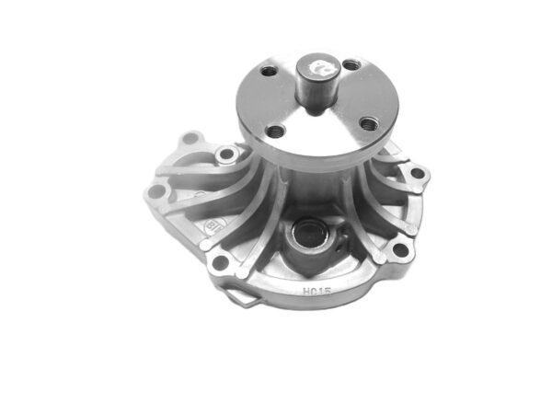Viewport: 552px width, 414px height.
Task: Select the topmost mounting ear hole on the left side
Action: pos(190,139)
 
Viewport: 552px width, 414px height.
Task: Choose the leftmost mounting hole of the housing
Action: pos(157,191)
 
